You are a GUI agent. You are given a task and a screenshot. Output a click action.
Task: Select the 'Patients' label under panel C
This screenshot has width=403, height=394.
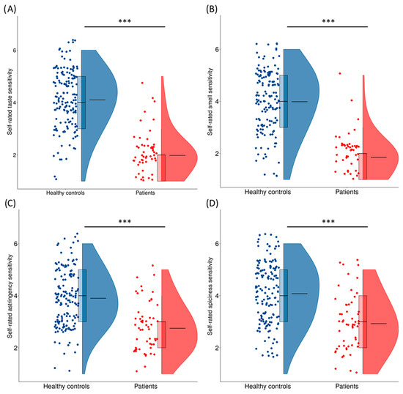[x=149, y=386]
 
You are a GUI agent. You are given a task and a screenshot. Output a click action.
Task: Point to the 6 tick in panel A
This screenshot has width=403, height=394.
[x=34, y=50]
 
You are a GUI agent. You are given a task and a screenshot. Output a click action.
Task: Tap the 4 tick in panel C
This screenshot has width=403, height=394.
[x=34, y=296]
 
